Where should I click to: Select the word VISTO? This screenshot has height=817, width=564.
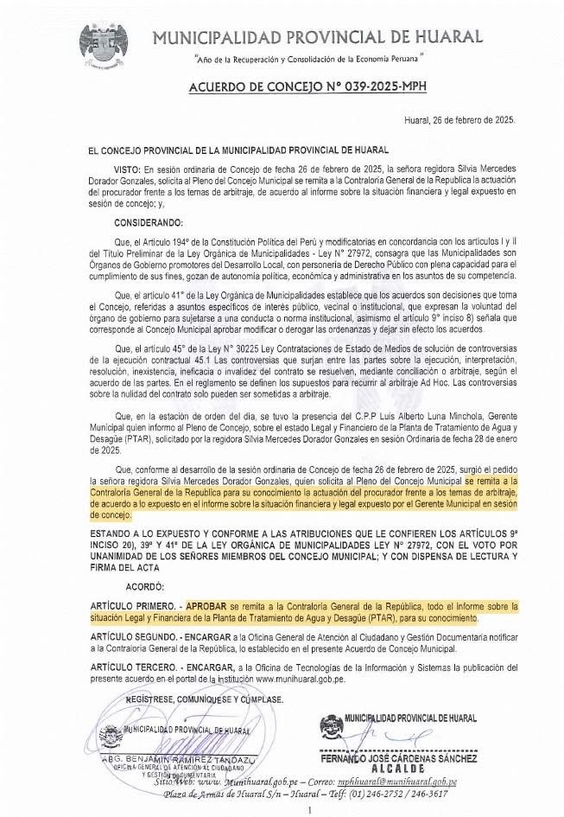point(126,170)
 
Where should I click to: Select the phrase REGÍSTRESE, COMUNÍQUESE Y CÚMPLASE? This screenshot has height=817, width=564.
point(193,696)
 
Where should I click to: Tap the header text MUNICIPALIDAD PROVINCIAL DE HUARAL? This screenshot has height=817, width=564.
point(317,36)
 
